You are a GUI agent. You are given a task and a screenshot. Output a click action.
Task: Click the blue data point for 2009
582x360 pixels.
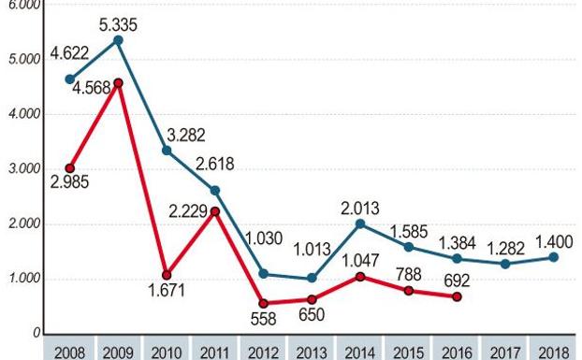point(118,40)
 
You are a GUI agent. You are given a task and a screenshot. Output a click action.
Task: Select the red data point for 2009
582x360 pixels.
point(118,83)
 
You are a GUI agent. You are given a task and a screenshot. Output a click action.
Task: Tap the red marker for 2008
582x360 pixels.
point(69,168)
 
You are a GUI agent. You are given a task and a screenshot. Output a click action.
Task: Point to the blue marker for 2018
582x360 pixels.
point(554,257)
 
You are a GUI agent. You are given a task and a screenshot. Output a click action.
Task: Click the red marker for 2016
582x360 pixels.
point(457,296)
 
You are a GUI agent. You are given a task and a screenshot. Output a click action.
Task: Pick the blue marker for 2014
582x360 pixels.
point(360,223)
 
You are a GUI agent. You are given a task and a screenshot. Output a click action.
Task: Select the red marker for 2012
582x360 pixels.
point(263,303)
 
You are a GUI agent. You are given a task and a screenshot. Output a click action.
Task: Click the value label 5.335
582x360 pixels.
point(118,21)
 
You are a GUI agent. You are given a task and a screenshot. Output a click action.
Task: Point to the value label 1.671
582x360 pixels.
point(167,291)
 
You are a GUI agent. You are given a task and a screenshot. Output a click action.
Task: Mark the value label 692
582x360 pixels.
point(457,278)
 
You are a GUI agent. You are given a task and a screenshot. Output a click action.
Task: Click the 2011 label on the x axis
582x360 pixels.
point(214,352)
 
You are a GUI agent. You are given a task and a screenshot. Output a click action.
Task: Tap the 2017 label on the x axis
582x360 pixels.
point(505,352)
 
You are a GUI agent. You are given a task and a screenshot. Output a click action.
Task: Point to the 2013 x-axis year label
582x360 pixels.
point(312,352)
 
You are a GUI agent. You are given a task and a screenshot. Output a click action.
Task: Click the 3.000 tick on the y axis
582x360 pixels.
point(26,169)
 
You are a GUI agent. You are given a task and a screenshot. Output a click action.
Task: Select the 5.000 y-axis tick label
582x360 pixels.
point(26,60)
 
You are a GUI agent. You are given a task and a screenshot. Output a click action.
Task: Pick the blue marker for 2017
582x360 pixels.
point(505,264)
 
